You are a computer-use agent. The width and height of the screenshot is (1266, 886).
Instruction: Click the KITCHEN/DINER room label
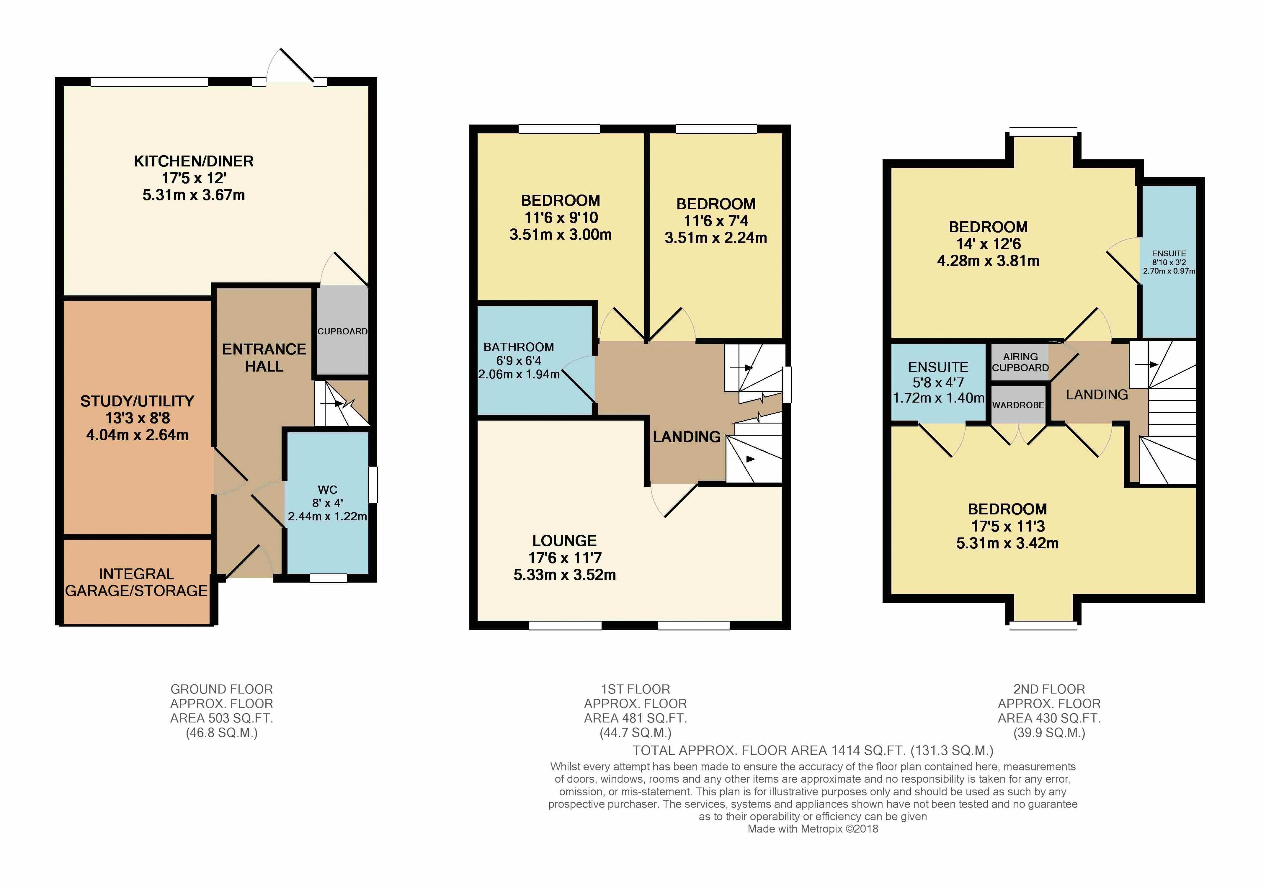[194, 161]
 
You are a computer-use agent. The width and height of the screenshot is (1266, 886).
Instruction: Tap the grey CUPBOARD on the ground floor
[342, 331]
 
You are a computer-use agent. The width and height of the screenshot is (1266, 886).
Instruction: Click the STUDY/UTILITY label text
[137, 401]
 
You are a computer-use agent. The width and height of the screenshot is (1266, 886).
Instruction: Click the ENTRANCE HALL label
[264, 357]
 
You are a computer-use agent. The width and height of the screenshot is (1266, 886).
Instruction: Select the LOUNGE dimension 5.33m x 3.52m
[565, 575]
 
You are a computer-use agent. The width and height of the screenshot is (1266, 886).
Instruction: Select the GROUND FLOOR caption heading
[222, 689]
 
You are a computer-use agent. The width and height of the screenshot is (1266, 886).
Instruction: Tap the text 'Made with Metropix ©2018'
[813, 829]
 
